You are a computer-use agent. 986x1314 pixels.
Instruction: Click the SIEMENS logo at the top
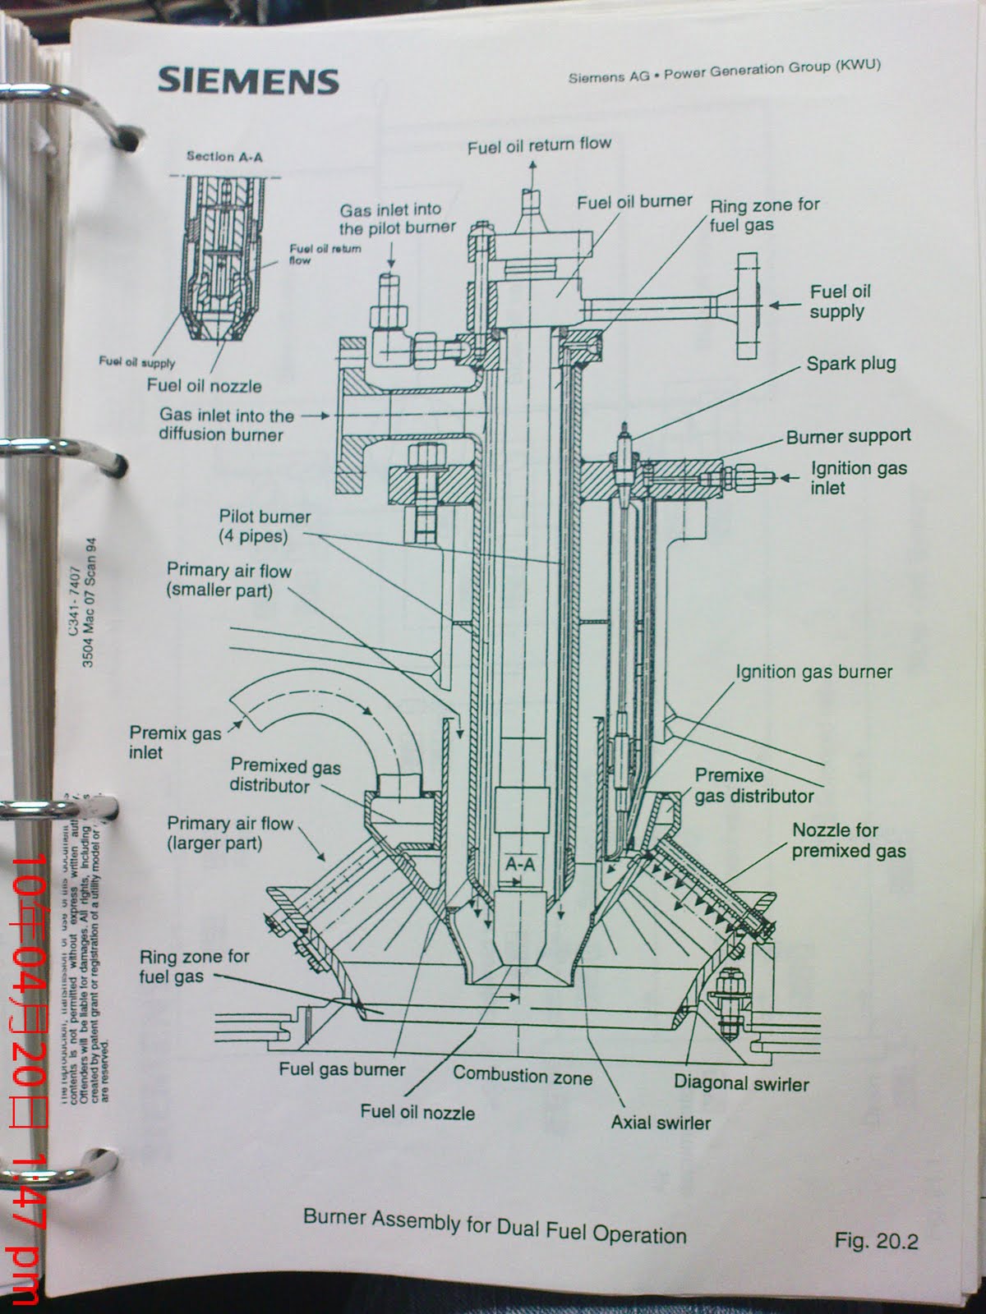click(x=248, y=80)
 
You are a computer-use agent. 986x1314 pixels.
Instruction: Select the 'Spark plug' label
click(x=850, y=364)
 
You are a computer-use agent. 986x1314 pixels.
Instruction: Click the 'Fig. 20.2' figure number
click(x=875, y=1240)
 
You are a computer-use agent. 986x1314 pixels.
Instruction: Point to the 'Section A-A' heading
click(x=224, y=156)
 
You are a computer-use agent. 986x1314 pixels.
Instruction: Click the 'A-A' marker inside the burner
click(x=520, y=865)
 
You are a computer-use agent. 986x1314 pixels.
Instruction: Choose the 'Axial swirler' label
click(x=661, y=1122)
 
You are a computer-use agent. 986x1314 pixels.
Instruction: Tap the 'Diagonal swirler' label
click(x=741, y=1082)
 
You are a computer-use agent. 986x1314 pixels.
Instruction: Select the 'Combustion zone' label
click(x=522, y=1075)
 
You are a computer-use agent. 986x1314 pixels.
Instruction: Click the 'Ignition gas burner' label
click(x=813, y=672)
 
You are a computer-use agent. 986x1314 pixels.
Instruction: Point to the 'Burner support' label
click(x=848, y=437)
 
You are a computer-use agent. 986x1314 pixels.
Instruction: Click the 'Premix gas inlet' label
click(x=174, y=742)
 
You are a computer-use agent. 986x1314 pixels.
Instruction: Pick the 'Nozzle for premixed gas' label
click(x=848, y=840)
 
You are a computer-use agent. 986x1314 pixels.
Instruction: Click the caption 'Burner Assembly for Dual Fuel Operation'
click(x=495, y=1225)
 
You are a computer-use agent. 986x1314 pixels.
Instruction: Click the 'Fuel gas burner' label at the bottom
click(x=342, y=1069)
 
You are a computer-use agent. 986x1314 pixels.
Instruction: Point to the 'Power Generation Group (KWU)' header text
click(x=772, y=70)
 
